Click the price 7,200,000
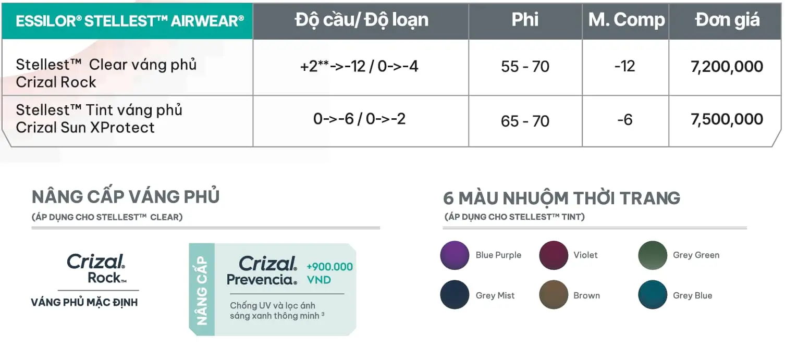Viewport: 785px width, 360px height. tap(727, 66)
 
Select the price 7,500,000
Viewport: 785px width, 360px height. tap(727, 119)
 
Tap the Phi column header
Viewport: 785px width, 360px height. tap(524, 20)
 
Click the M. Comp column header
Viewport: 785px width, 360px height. tap(626, 20)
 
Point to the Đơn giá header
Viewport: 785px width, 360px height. tap(728, 20)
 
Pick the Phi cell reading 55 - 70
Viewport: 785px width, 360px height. tap(525, 67)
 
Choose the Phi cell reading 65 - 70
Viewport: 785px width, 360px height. tap(525, 121)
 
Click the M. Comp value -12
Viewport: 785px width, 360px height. tap(624, 66)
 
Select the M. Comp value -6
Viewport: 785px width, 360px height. tap(624, 120)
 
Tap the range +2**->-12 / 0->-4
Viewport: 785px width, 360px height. tap(359, 66)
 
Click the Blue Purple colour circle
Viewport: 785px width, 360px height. tap(455, 255)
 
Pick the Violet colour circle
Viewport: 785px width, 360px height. tap(554, 255)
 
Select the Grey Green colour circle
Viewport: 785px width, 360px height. tap(653, 255)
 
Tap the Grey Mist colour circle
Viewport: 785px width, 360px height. tap(455, 294)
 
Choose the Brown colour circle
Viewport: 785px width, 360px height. tap(554, 294)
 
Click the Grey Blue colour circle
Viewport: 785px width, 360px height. tap(653, 294)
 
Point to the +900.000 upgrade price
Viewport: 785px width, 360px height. tap(330, 267)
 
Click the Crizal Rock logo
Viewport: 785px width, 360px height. tap(96, 268)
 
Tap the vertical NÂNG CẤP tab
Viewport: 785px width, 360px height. tap(202, 290)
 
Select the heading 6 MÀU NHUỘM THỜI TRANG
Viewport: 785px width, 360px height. tap(561, 198)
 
